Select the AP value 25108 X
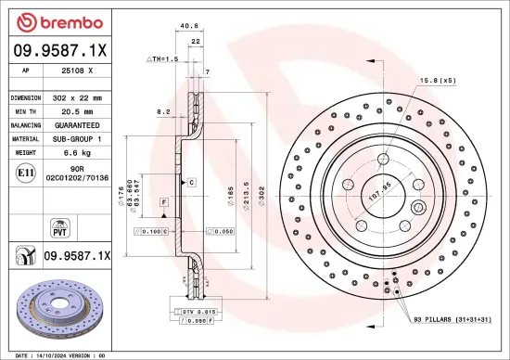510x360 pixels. [76, 71]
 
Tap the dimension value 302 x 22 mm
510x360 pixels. [77, 97]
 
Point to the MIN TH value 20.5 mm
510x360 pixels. [77, 110]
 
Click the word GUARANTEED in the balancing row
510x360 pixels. [77, 123]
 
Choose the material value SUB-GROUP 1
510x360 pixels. [77, 137]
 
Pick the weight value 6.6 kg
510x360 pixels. [77, 150]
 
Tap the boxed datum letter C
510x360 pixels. [191, 182]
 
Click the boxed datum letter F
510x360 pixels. [163, 201]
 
